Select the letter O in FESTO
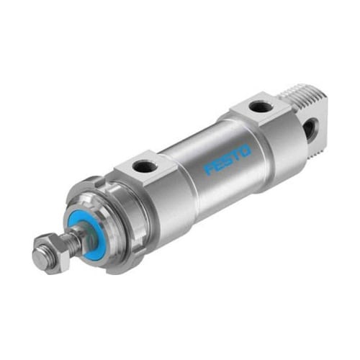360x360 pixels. click(x=246, y=150)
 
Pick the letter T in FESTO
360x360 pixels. click(x=236, y=155)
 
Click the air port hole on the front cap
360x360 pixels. click(x=144, y=166)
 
